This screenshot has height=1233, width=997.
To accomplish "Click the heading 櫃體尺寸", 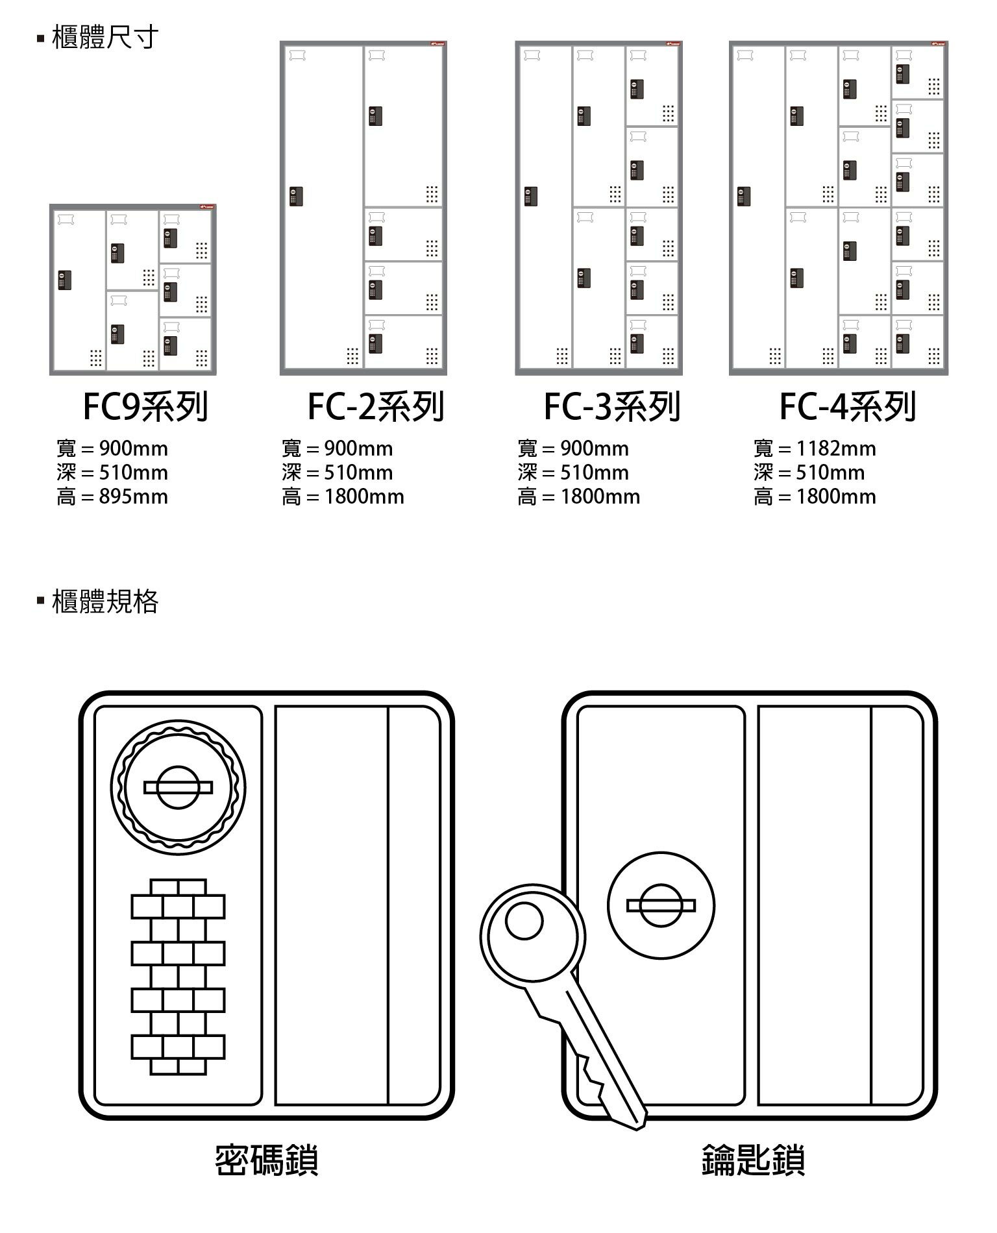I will click(105, 38).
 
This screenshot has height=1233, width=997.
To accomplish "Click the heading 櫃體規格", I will click(105, 602).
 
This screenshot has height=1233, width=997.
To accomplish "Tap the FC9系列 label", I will click(145, 407).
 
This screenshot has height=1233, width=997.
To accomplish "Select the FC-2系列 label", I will click(376, 407).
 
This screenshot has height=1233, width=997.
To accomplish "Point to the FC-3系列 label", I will click(612, 407).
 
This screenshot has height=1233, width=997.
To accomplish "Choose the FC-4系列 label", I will click(848, 407).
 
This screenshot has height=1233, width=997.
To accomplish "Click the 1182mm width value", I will click(836, 448).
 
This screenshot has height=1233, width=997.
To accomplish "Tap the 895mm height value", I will click(133, 497).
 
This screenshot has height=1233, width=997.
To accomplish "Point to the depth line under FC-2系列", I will click(338, 472).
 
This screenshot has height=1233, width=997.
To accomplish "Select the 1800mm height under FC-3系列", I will click(600, 497).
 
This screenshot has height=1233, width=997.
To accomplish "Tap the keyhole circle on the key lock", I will click(661, 905).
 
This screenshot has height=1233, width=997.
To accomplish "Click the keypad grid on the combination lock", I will click(178, 977).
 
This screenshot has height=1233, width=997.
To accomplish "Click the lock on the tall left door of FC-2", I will click(296, 196).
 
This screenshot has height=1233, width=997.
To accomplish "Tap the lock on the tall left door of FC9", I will click(64, 280).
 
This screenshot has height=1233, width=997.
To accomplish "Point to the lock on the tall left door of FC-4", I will click(744, 196).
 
